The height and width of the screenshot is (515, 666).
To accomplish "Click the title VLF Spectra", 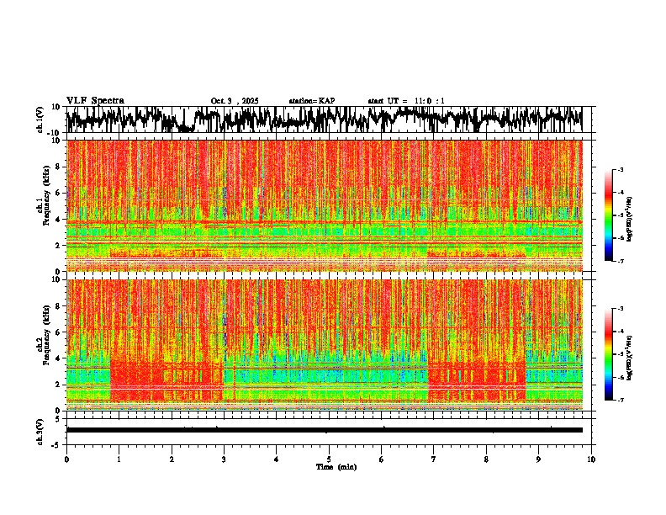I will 95,100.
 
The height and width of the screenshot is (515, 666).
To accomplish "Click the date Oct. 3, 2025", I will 235,101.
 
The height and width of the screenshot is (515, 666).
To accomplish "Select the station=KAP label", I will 312,101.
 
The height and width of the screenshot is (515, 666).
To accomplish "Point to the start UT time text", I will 406,101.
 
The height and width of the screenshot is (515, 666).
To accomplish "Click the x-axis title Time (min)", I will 335,467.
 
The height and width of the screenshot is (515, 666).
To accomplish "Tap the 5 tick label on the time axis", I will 329,459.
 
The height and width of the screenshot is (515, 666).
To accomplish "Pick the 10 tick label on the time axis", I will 591,459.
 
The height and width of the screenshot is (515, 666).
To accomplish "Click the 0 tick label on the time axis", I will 66,459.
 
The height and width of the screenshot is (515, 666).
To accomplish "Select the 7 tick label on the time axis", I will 434,459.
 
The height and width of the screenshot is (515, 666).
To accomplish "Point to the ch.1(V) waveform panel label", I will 40,119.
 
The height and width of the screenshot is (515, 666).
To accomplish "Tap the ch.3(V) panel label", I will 40,430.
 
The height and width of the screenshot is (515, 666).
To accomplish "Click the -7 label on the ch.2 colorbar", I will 621,401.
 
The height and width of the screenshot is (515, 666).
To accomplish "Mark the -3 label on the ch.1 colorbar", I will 621,170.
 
